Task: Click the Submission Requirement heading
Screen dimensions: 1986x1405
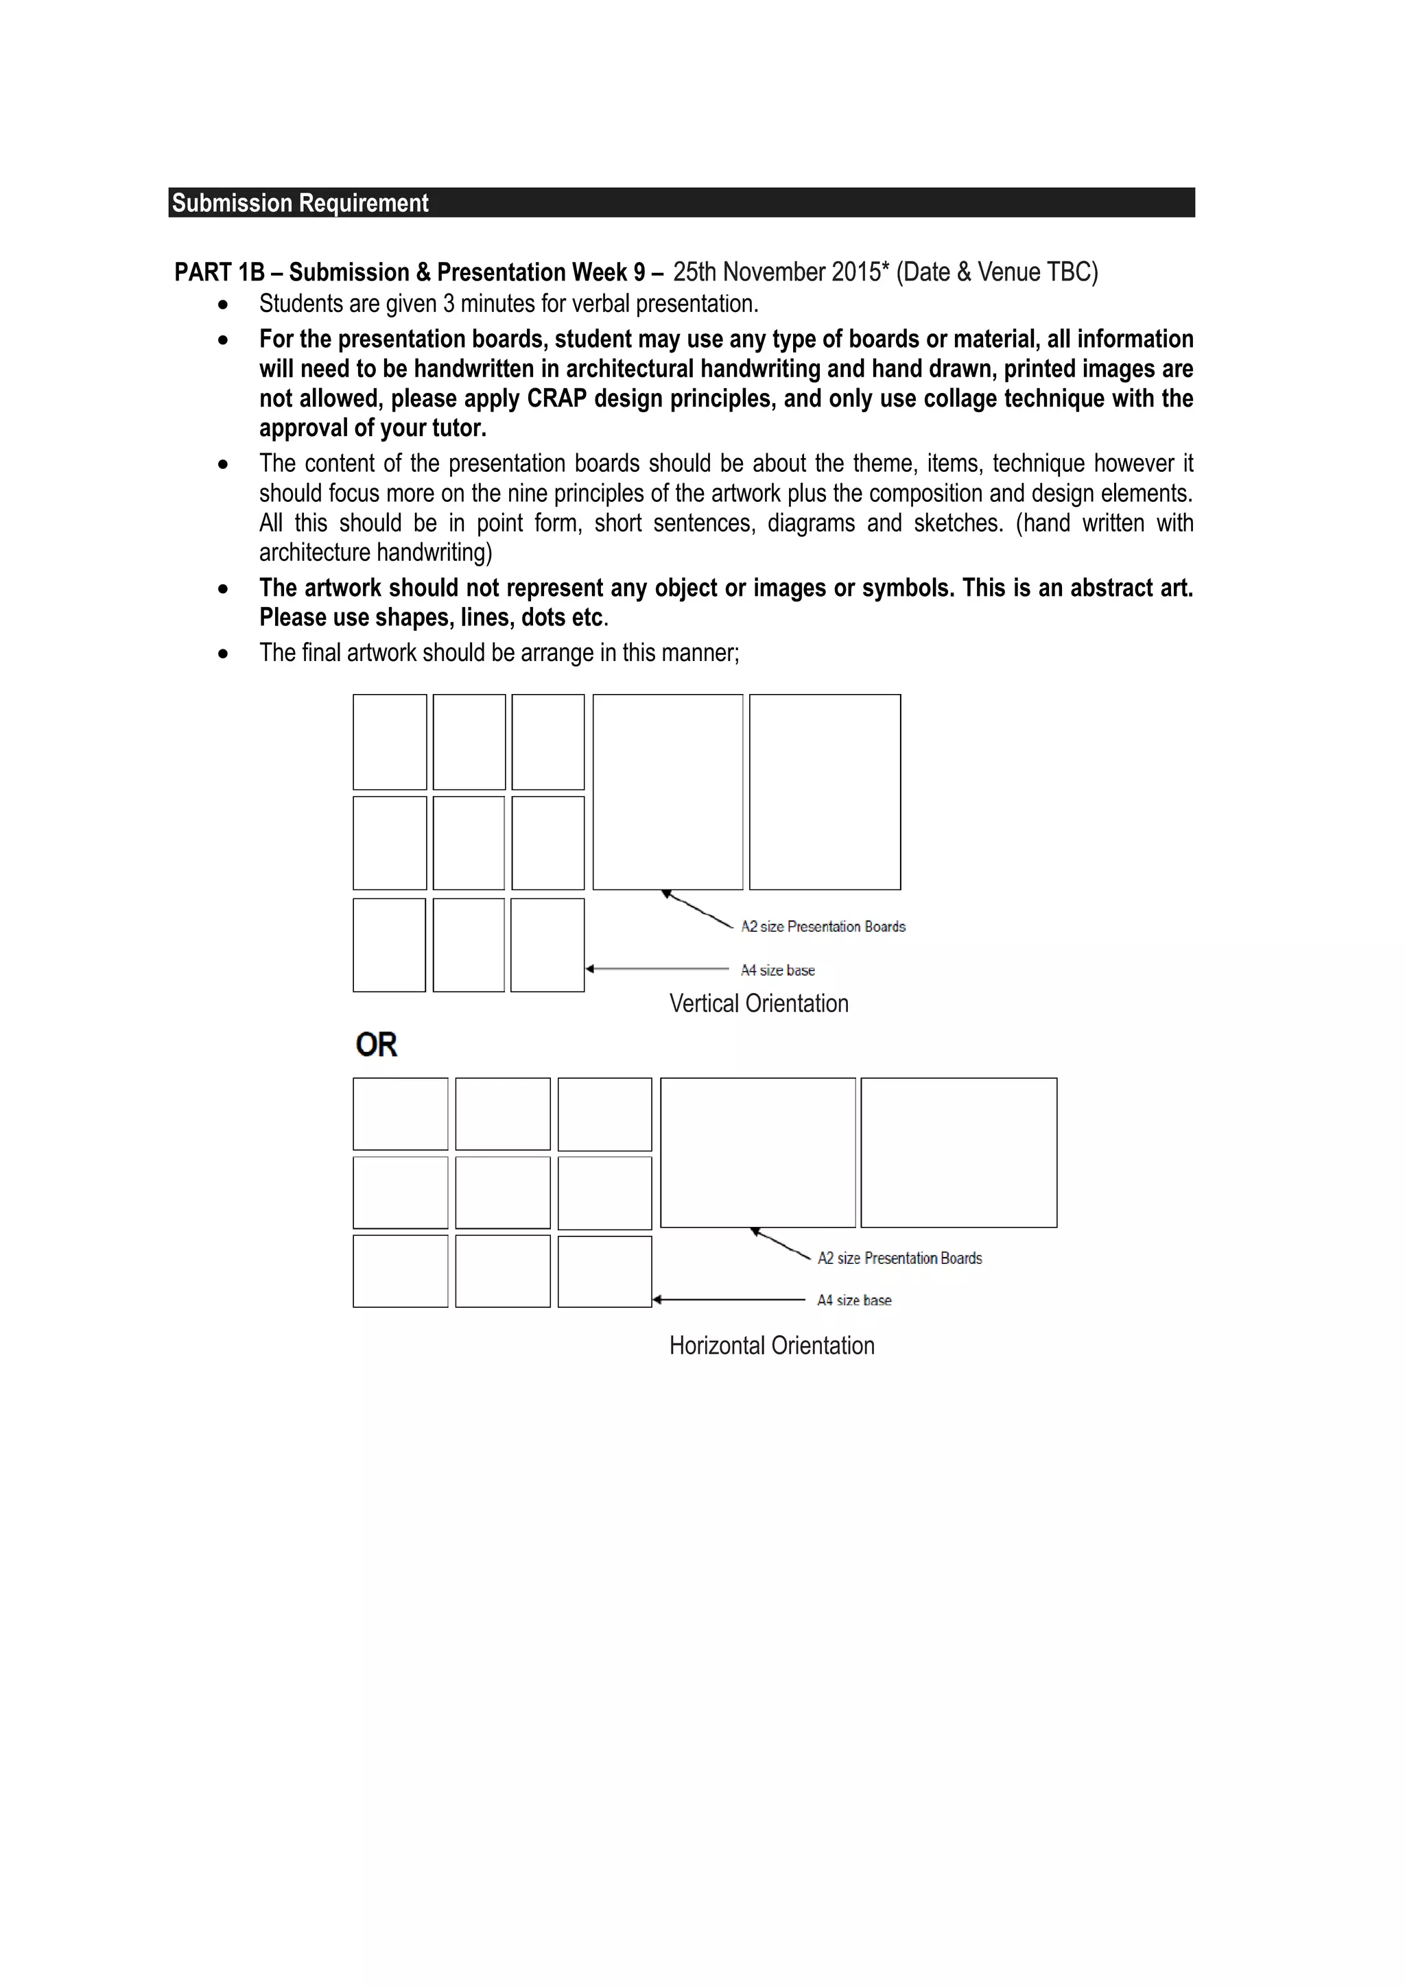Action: [x=300, y=203]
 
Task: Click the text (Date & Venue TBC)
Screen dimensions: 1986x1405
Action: [x=997, y=272]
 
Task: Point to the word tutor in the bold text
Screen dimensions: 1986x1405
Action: [x=458, y=428]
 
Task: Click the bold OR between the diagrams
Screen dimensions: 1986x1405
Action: [x=377, y=1045]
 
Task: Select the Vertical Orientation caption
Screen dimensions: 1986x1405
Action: [x=759, y=1003]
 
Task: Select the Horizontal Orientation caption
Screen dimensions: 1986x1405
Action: [x=772, y=1346]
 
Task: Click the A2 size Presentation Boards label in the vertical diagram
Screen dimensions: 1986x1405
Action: [x=823, y=926]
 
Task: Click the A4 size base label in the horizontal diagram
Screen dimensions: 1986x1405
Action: [x=854, y=1300]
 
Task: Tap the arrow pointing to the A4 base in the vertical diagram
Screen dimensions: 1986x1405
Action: [x=657, y=969]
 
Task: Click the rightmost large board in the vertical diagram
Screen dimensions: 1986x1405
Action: [x=825, y=791]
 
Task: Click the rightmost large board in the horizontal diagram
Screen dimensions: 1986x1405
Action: [x=958, y=1152]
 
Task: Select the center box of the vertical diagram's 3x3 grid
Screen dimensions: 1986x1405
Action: [x=469, y=843]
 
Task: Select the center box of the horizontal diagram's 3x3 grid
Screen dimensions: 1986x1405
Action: [x=503, y=1192]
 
